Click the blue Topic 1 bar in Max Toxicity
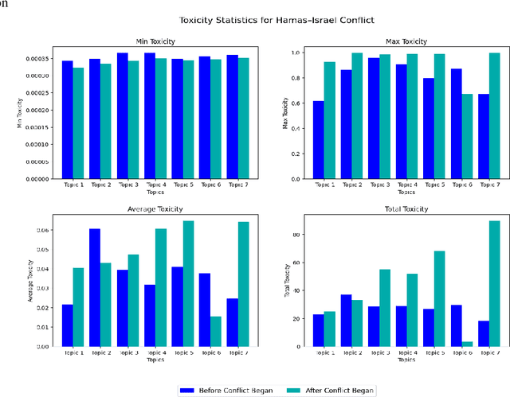[x=319, y=139]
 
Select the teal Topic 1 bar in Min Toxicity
[x=78, y=123]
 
